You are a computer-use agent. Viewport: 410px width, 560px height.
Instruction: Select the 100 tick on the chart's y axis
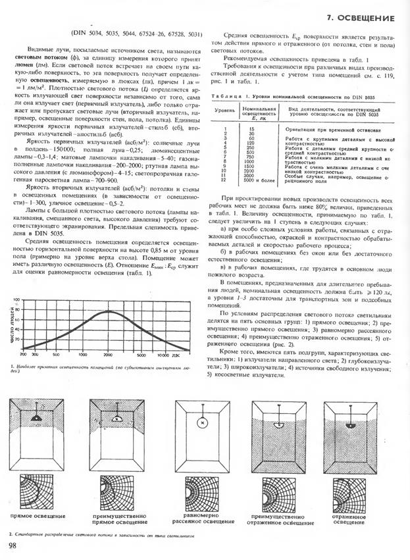pyautogui.click(x=17, y=300)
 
